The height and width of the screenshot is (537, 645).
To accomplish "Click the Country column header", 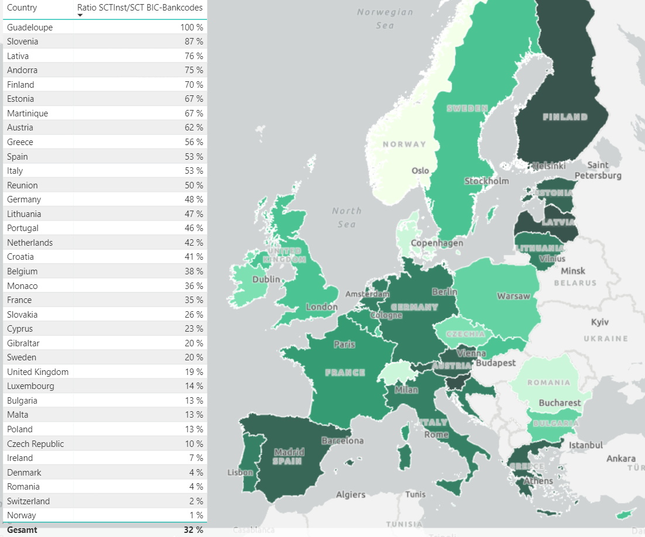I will coord(22,8).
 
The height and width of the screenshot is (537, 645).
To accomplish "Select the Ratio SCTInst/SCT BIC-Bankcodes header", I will coord(140,8).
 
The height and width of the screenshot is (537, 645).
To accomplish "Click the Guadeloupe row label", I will coord(30,27).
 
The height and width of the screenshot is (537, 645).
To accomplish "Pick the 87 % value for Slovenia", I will coord(192,42).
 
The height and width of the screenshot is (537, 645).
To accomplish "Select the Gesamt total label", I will coord(22,529).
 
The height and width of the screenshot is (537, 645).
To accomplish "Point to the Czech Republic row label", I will coord(36,443).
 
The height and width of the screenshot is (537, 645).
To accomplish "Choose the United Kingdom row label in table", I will coord(38,372).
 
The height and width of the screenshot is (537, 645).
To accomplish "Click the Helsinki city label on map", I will coord(549,166).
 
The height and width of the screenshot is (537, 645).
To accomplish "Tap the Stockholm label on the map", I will coord(487,181).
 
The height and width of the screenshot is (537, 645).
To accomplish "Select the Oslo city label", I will coord(420,171).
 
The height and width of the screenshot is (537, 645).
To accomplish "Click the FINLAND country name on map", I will coord(565,117).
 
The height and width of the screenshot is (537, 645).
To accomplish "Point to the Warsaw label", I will coord(513,296).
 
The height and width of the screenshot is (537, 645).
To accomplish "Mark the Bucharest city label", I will coord(560,402).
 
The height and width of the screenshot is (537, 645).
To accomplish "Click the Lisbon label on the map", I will coord(240,472).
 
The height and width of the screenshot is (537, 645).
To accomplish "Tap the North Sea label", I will coord(347,217).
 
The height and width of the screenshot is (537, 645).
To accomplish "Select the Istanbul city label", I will coord(585,445).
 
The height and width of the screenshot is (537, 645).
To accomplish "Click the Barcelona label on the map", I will coord(342,440).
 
